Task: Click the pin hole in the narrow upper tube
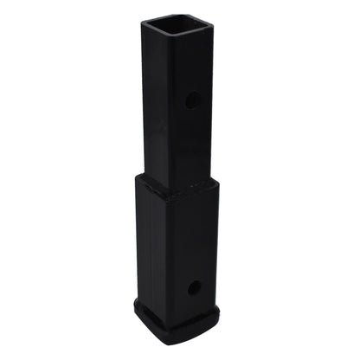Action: [x=191, y=100]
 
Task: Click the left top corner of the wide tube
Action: [x=137, y=177]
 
